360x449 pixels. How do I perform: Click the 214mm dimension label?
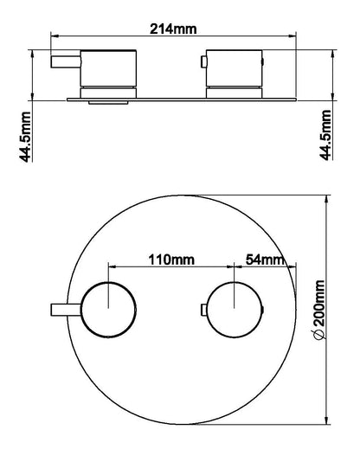coord(173,29)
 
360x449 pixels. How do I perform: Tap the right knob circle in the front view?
coord(232,308)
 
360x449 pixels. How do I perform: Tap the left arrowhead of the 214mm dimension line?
coord(55,36)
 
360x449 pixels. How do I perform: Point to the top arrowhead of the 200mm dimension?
coord(328,197)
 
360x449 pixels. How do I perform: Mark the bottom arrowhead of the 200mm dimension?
coord(328,421)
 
